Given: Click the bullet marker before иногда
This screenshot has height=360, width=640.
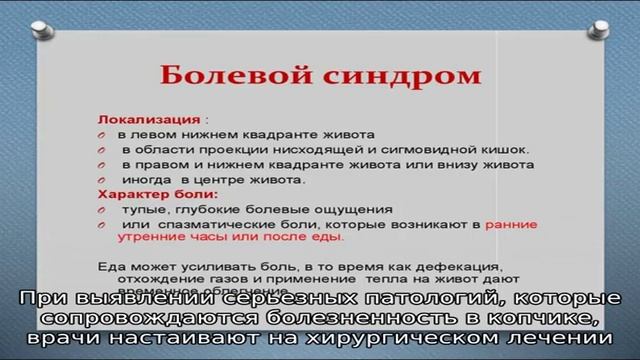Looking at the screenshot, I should [104, 180].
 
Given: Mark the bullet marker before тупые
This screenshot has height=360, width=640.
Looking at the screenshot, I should [104, 210].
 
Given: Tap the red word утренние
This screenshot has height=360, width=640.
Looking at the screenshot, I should [150, 239].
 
